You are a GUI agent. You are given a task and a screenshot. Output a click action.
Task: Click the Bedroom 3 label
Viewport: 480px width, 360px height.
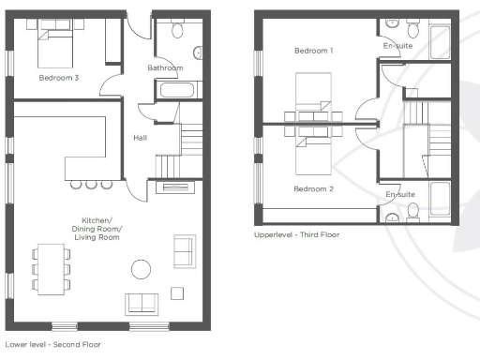tap(58, 79)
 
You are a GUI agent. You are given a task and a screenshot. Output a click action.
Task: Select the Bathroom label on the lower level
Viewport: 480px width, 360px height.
tap(165, 68)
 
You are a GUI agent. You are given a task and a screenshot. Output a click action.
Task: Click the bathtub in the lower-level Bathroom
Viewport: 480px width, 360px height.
tap(175, 92)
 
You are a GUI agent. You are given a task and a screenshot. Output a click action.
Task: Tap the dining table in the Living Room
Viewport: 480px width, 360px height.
tap(50, 269)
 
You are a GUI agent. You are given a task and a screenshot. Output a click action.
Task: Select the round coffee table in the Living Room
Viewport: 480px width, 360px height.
tap(141, 270)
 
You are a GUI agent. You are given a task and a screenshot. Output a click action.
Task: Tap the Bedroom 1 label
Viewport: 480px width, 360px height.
tap(313, 50)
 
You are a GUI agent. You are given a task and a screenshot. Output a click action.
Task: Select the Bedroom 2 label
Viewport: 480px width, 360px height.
tap(313, 189)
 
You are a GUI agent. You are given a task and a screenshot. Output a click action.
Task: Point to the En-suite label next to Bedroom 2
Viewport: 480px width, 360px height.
tap(400, 194)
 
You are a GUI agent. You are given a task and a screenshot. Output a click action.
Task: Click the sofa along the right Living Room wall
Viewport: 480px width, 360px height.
tap(184, 251)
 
